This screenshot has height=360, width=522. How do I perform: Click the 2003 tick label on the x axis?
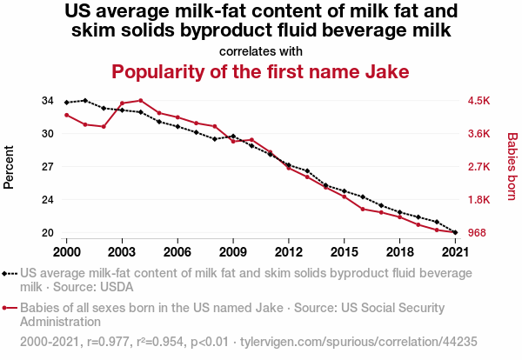[122, 251]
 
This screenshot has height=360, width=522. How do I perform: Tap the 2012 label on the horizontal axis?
[289, 251]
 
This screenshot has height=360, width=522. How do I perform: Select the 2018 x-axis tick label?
[399, 251]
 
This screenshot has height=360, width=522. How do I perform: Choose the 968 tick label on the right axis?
[478, 233]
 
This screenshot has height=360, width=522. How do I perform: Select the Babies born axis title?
[512, 167]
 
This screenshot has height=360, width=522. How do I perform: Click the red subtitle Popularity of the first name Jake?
[260, 71]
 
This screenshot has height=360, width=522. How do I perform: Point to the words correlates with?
[261, 50]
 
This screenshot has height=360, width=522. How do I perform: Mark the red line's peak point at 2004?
[140, 101]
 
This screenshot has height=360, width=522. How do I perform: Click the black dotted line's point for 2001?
[84, 100]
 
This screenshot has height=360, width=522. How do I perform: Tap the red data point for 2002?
[104, 127]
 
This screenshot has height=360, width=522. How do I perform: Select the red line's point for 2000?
[66, 115]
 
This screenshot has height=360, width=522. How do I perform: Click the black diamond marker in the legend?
[10, 272]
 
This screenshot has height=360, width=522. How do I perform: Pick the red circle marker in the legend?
[10, 308]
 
